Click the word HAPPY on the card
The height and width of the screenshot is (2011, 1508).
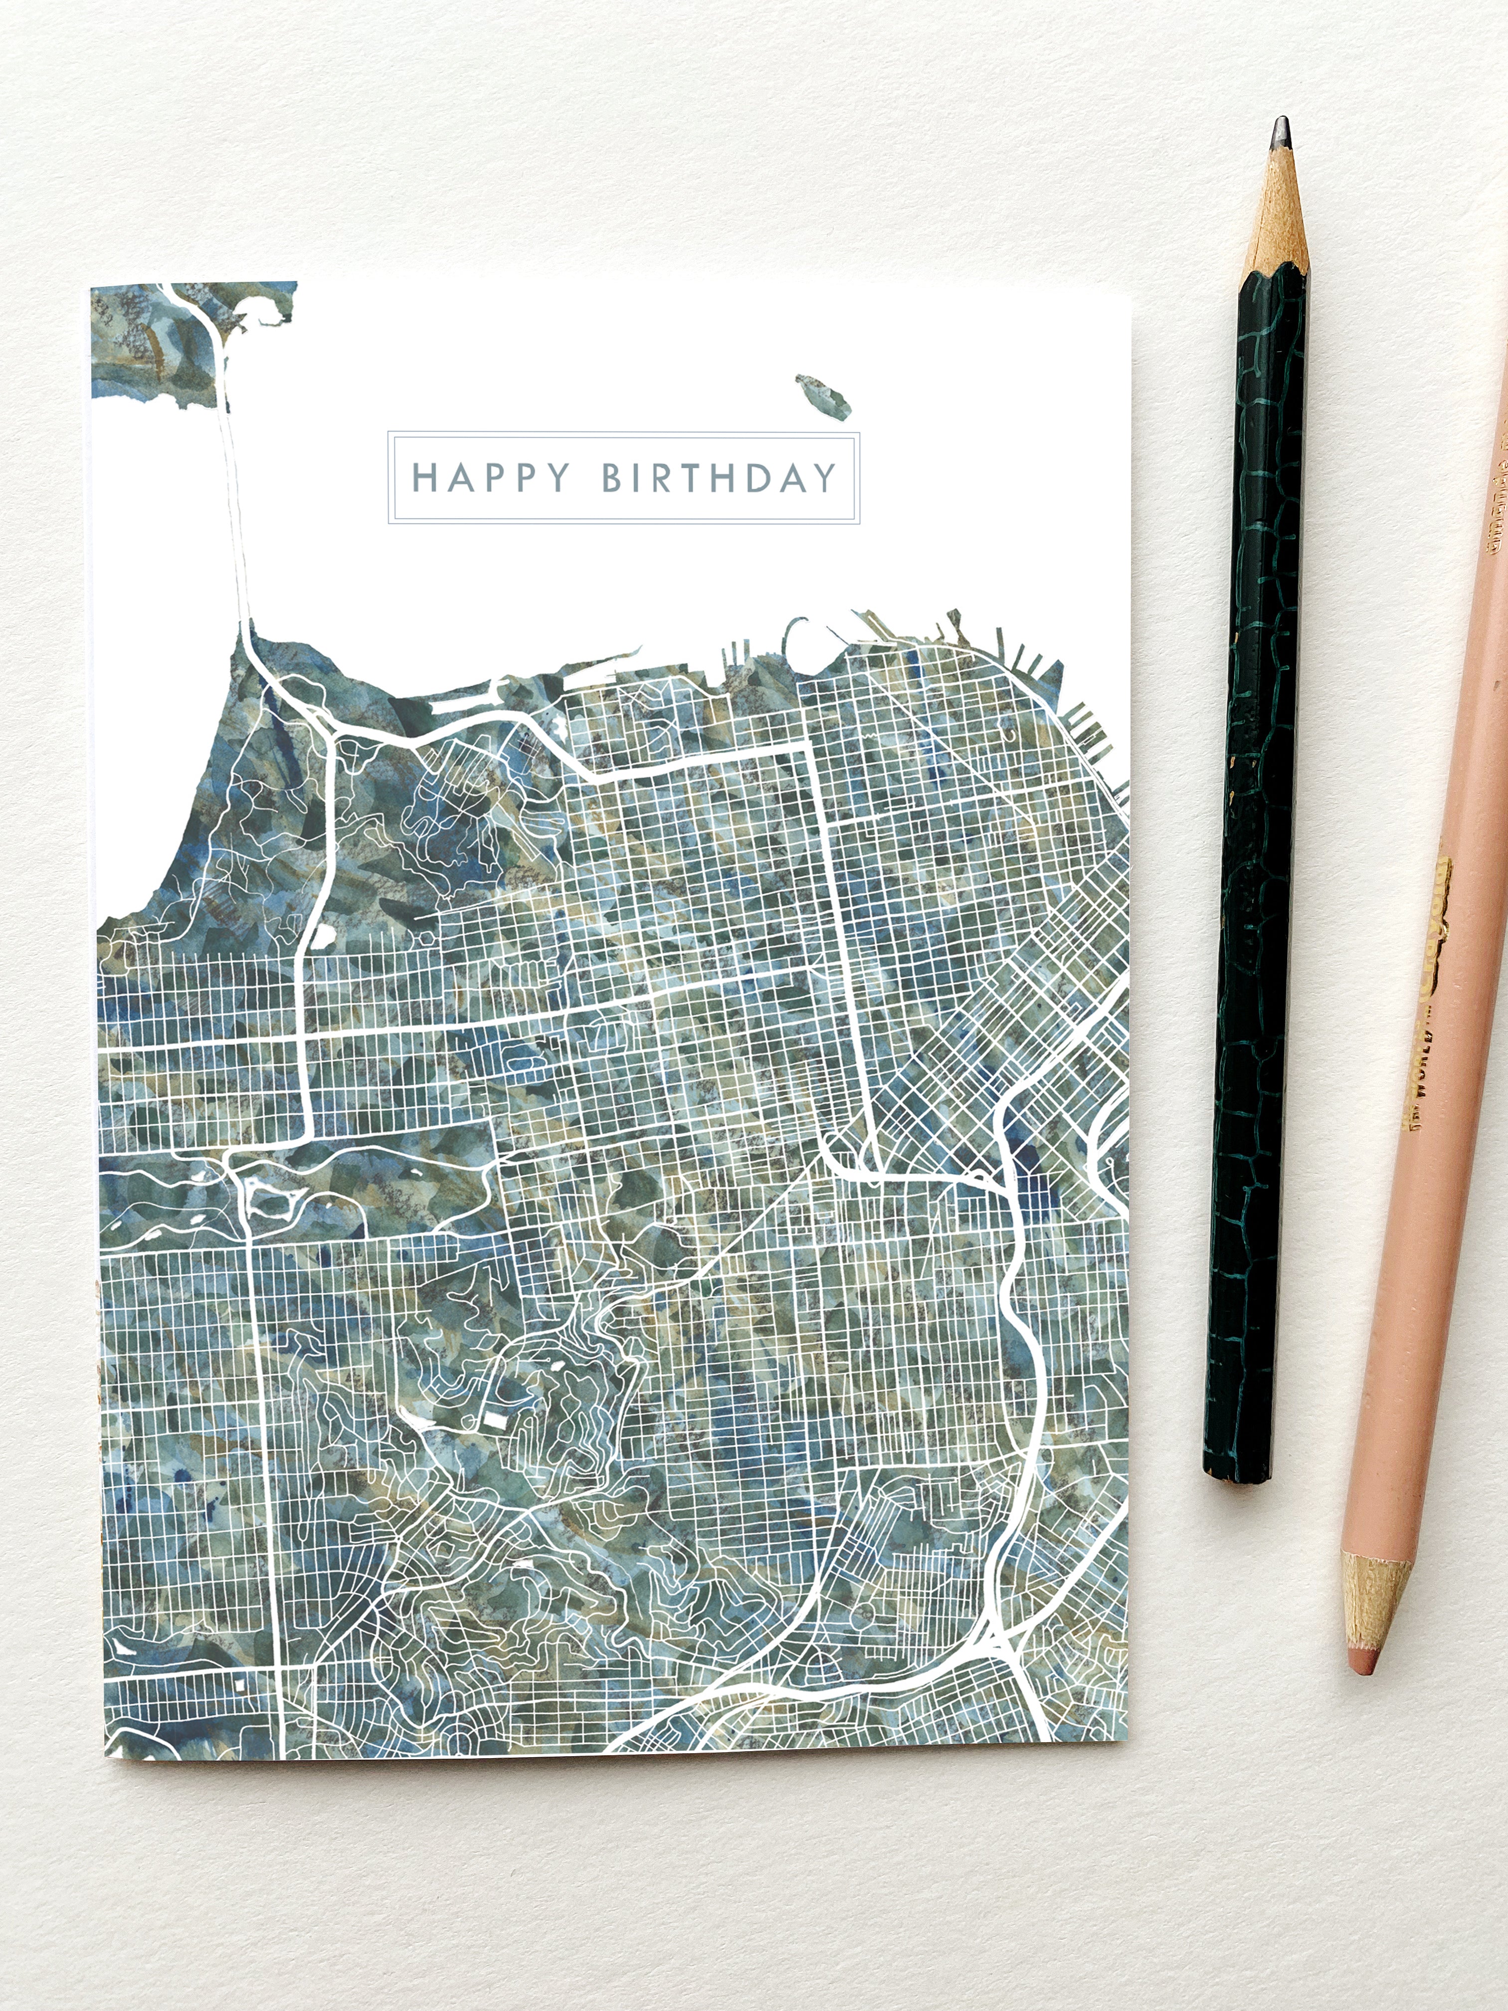point(491,477)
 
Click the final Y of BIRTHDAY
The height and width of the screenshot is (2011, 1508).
point(824,477)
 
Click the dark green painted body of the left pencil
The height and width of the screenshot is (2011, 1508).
point(1259,818)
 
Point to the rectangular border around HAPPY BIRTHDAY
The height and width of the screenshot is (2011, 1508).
point(623,434)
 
